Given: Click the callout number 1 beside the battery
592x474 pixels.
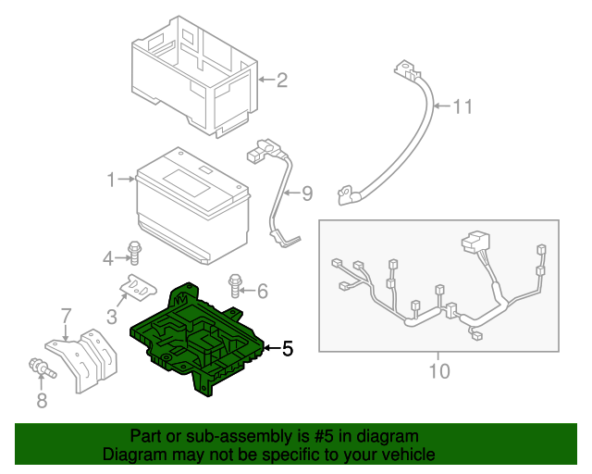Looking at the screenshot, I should pyautogui.click(x=111, y=179).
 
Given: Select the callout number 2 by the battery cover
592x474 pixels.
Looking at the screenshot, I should pyautogui.click(x=281, y=80).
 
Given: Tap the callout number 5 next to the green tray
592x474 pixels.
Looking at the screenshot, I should pyautogui.click(x=287, y=349).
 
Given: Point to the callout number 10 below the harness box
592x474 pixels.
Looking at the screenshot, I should pyautogui.click(x=438, y=371).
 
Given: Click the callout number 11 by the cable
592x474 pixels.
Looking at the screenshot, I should pyautogui.click(x=462, y=106).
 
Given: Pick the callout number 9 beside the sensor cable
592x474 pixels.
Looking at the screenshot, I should pyautogui.click(x=306, y=193).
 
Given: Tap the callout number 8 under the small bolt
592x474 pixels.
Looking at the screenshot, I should pyautogui.click(x=40, y=400).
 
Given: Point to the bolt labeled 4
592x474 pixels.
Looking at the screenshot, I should pyautogui.click(x=135, y=252).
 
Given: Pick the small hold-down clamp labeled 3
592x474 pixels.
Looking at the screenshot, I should pyautogui.click(x=139, y=288).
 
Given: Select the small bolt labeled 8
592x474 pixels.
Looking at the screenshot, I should pyautogui.click(x=42, y=368).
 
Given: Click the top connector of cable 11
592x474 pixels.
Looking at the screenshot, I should pyautogui.click(x=402, y=69).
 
